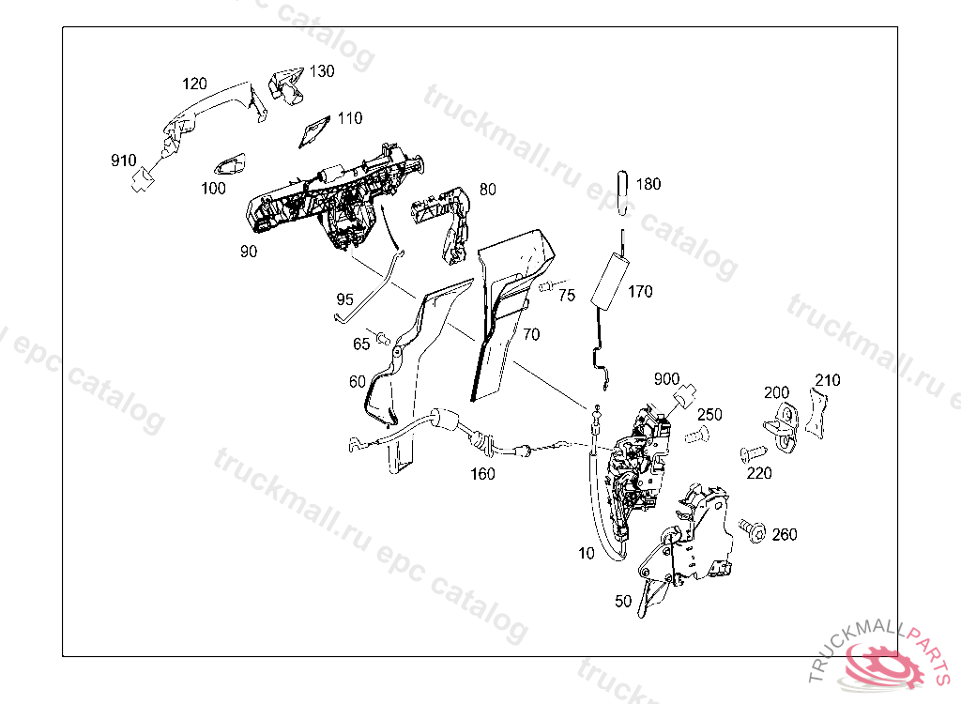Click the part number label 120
[x=194, y=84]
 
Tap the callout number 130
[x=321, y=71]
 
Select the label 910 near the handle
[x=124, y=160]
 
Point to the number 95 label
[x=345, y=299]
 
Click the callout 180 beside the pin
[x=648, y=184]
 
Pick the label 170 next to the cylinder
[x=640, y=292]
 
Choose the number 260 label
[x=785, y=535]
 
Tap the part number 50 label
[x=623, y=602]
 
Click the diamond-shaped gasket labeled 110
[x=314, y=132]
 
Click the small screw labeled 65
[x=383, y=335]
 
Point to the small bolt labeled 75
[x=546, y=286]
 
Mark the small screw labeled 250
[x=695, y=435]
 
